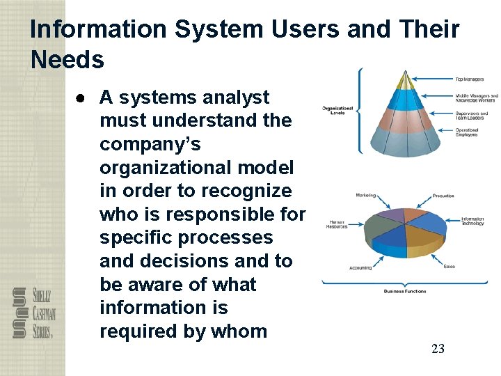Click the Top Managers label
[x=470, y=79]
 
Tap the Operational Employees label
[x=467, y=132]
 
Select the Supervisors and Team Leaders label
[x=471, y=115]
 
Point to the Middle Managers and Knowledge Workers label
[x=477, y=97]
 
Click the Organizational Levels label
[x=337, y=110]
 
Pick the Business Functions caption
[x=405, y=291]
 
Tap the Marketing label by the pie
[x=365, y=196]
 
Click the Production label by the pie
[x=443, y=196]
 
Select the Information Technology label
[x=472, y=222]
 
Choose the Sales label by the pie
[x=448, y=266]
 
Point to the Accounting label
[x=360, y=267]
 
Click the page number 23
[x=438, y=349]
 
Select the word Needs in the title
[x=67, y=60]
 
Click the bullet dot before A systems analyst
[x=81, y=97]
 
